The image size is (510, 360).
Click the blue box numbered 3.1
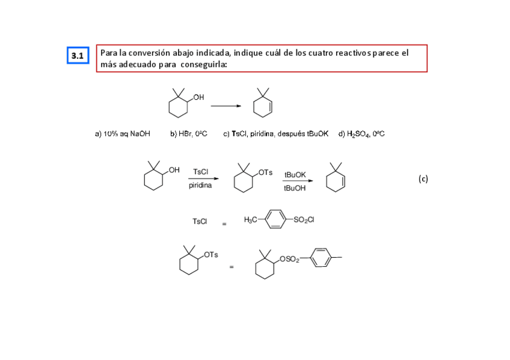click(x=78, y=56)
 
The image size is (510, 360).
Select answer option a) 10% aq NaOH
click(x=123, y=134)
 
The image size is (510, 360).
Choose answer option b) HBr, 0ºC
click(x=188, y=134)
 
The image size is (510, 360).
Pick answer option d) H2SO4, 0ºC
click(x=361, y=134)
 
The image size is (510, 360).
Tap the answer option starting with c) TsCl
click(x=275, y=134)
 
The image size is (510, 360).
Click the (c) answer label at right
click(x=423, y=178)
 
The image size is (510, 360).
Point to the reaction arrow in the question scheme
click(x=226, y=106)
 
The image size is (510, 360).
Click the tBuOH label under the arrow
click(x=295, y=189)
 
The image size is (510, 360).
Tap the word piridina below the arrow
click(x=200, y=186)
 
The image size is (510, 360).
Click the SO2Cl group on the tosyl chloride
click(x=304, y=220)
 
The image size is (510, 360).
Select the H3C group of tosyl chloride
click(x=251, y=220)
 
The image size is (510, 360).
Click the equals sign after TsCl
click(x=224, y=224)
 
